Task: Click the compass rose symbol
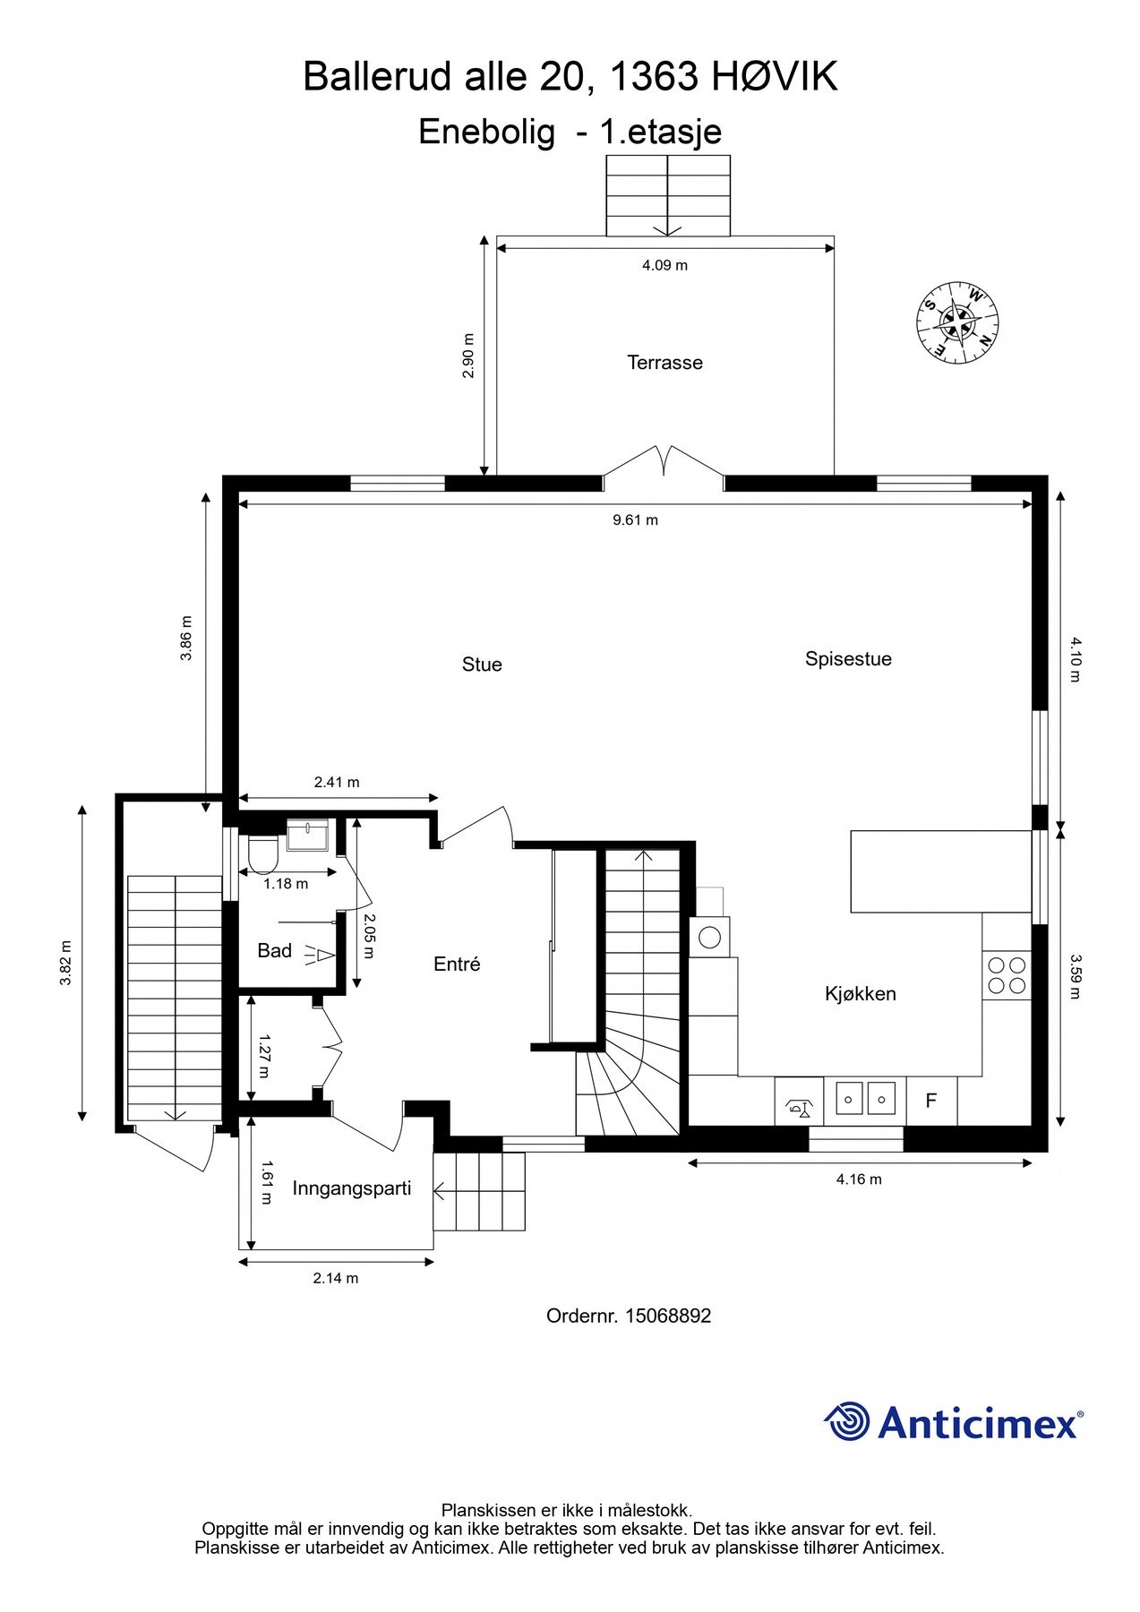coord(957,322)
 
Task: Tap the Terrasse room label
coord(664,363)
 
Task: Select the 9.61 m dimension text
coord(635,519)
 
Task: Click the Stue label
coord(482,665)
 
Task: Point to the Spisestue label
coord(848,659)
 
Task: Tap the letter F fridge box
coord(931,1101)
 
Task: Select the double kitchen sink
coord(865,1098)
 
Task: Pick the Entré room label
coord(457,965)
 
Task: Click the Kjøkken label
coord(860,994)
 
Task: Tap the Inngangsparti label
coord(352,1189)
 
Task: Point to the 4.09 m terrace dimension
coord(664,265)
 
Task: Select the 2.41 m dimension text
coord(337,782)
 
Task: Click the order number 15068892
coord(668,1316)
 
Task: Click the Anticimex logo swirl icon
coord(846,1421)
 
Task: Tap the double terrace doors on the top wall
coord(664,466)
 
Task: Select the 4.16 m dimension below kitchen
coord(859,1179)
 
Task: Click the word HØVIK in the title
coord(775,77)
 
